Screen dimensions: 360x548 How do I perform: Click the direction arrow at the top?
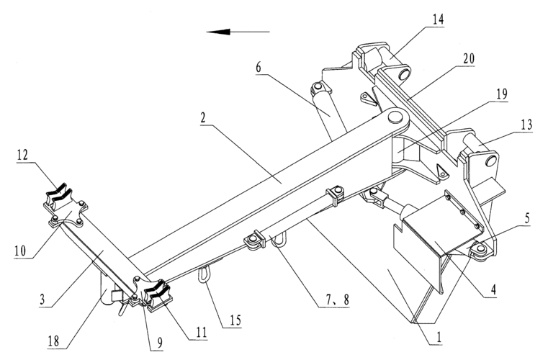coord(237,32)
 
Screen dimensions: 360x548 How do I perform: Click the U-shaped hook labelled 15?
coord(205,274)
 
